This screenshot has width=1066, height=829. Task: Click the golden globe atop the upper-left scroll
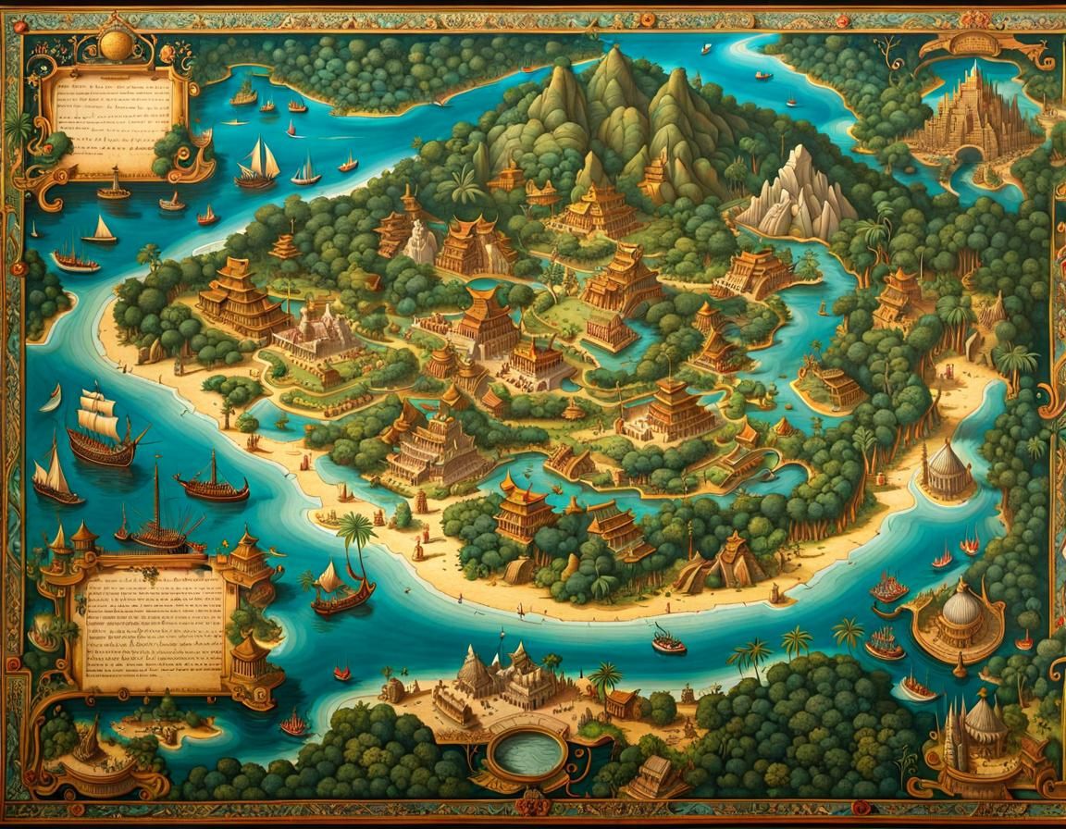point(117,43)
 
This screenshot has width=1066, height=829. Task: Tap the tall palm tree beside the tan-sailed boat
point(354,538)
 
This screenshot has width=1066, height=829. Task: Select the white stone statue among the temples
point(420,241)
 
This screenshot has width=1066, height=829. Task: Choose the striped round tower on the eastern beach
point(946,467)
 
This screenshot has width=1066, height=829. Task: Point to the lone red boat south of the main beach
point(668,639)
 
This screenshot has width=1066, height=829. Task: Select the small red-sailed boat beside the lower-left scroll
point(294,722)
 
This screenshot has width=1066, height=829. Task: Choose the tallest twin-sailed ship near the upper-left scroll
point(258,164)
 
